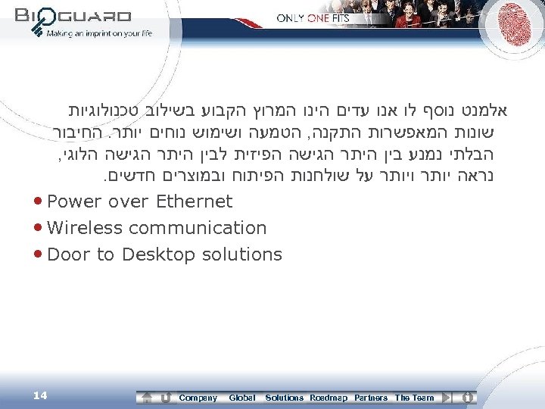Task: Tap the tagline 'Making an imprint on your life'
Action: click(99, 33)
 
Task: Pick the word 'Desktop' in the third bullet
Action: click(157, 254)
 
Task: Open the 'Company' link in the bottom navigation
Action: click(198, 398)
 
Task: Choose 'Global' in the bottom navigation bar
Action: click(241, 398)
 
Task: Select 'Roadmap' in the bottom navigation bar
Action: click(329, 398)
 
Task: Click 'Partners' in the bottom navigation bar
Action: click(371, 398)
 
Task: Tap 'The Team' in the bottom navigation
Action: click(415, 398)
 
